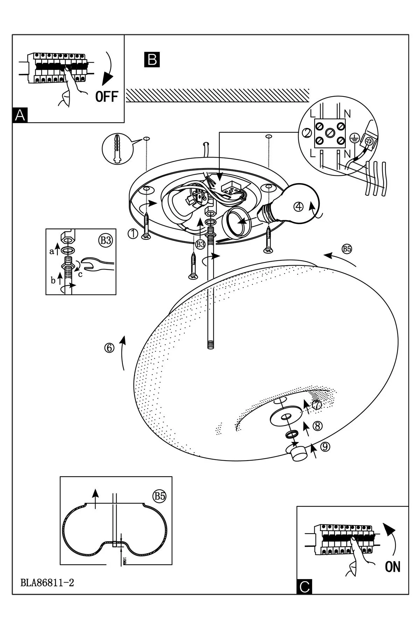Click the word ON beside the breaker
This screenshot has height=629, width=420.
(392, 567)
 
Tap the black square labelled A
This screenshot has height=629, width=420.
(20, 115)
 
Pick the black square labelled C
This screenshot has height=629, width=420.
(304, 587)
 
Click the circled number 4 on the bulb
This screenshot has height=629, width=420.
(298, 207)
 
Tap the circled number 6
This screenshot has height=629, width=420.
(109, 348)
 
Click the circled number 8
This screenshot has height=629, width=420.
(317, 426)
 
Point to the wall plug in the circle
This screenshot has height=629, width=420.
(118, 148)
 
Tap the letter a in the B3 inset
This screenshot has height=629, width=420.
(51, 251)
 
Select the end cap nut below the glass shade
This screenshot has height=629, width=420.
(297, 454)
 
